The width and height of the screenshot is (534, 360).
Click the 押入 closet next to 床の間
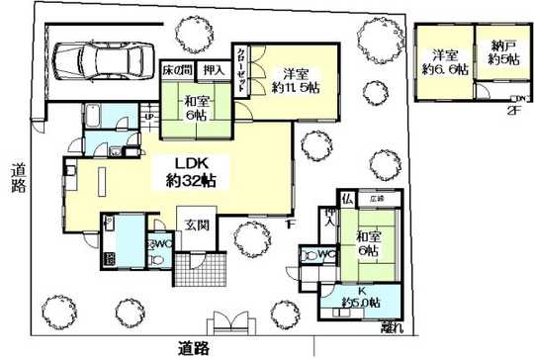(x=213, y=70)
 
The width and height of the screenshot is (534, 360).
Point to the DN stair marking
(x=519, y=98)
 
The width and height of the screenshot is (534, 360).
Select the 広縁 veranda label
(x=377, y=199)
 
